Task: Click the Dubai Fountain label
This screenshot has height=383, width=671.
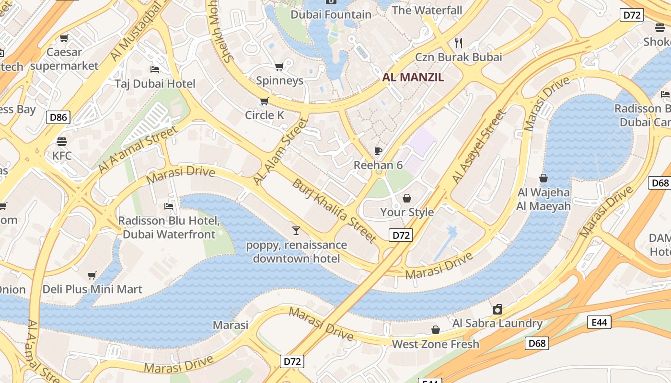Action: coord(331,15)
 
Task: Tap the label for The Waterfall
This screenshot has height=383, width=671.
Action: coord(427,10)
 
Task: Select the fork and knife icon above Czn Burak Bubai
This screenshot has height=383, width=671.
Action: coord(459,43)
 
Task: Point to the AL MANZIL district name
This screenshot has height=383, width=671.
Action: coord(413,77)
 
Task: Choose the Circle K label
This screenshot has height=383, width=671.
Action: coord(265,115)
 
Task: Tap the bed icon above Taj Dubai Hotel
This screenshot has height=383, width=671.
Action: coord(155,70)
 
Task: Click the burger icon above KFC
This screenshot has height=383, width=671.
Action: coord(62,142)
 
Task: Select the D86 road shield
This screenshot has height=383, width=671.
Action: coord(58,117)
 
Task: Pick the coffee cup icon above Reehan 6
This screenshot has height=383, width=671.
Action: coord(378,151)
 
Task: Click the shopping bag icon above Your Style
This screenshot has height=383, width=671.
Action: coord(407,198)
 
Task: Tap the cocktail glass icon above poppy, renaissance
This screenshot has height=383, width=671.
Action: coord(296,231)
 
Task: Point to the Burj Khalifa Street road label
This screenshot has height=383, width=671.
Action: coord(334,210)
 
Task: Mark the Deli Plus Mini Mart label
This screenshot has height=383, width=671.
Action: coord(93,289)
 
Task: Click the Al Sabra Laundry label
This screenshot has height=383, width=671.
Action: coord(497,323)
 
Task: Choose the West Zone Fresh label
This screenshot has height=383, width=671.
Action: coord(435,344)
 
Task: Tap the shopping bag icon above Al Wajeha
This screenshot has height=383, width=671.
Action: coord(544,179)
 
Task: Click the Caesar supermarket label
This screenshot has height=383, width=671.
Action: coord(64,59)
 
